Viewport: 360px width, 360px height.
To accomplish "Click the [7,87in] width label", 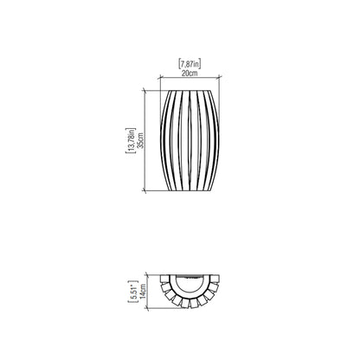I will [189, 64].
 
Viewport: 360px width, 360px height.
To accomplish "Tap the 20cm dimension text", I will [189, 74].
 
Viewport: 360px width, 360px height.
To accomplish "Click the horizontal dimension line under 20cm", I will [189, 80].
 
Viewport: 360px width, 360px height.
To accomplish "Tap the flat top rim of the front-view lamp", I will [189, 89].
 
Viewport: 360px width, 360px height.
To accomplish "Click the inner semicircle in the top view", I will [189, 285].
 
